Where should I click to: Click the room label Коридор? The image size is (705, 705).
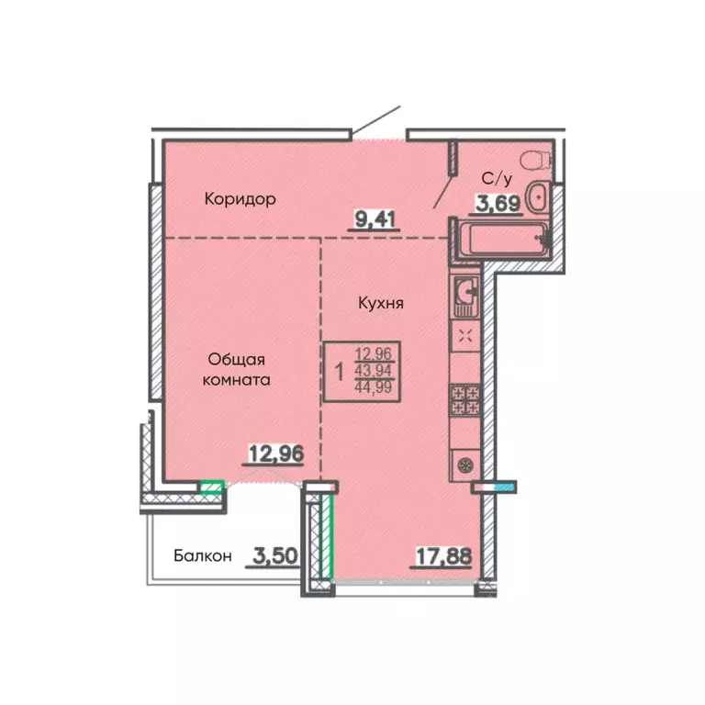point(241,198)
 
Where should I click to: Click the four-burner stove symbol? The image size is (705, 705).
point(465,400)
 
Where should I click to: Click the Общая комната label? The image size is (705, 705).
point(238,369)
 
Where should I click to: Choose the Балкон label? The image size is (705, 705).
point(202,555)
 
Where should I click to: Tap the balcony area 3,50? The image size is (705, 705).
point(271,555)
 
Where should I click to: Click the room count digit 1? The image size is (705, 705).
point(341,371)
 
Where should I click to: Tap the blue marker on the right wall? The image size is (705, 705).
point(506,485)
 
